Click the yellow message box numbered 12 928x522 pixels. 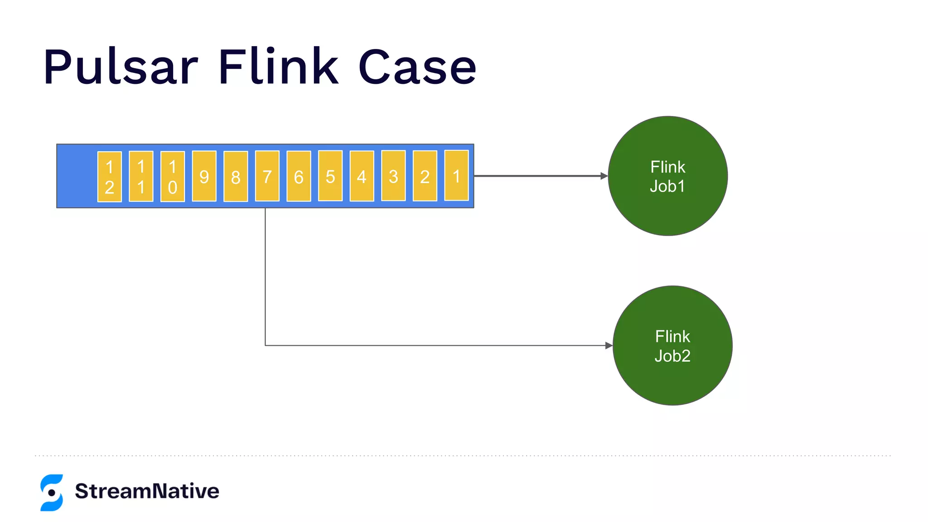tap(110, 177)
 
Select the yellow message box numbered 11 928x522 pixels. tap(141, 176)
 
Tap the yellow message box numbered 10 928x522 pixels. tap(173, 176)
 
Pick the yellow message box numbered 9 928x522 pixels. tap(204, 176)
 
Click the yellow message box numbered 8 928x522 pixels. tap(236, 176)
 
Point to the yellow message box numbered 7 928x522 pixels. tap(267, 176)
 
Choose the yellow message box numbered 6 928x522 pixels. tap(299, 176)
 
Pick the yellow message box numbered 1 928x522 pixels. tap(456, 175)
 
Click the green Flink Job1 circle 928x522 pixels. tap(667, 176)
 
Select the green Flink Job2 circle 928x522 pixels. tap(672, 345)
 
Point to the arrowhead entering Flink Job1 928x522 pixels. tap(604, 176)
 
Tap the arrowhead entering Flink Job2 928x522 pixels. tap(609, 345)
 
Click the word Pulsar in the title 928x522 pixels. tap(121, 67)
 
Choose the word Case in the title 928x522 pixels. tap(417, 67)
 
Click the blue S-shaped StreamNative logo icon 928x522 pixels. tap(52, 493)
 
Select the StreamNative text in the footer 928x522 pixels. tap(147, 491)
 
